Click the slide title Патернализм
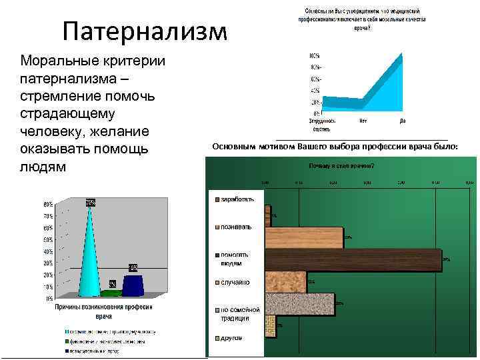point(145,31)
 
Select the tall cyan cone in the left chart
point(89,253)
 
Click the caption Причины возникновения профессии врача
point(103,311)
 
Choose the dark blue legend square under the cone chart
point(67,349)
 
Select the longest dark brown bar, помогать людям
point(353,260)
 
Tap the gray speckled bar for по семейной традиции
point(299,304)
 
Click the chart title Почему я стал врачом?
point(340,165)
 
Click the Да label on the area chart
point(403,121)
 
